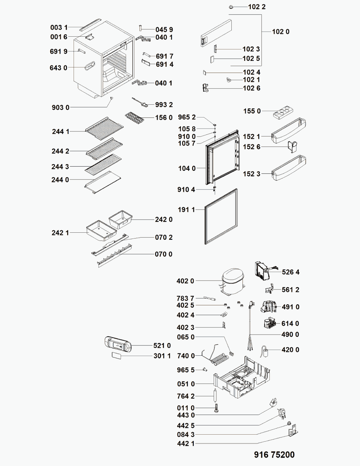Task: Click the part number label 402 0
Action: [x=185, y=281]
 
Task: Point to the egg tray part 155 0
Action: [x=283, y=112]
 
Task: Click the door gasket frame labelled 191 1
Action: [x=221, y=216]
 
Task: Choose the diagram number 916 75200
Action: [x=274, y=455]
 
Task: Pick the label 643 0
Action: [x=58, y=68]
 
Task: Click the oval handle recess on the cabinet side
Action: [x=90, y=66]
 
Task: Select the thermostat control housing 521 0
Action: [x=118, y=344]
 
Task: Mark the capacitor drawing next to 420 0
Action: [x=265, y=351]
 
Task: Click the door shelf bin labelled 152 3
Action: [x=288, y=168]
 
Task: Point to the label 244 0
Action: [x=60, y=180]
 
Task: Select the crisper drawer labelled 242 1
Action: [x=101, y=231]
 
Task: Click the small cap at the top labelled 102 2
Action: [x=231, y=7]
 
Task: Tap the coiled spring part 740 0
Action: [x=220, y=359]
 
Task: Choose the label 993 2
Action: [x=164, y=105]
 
